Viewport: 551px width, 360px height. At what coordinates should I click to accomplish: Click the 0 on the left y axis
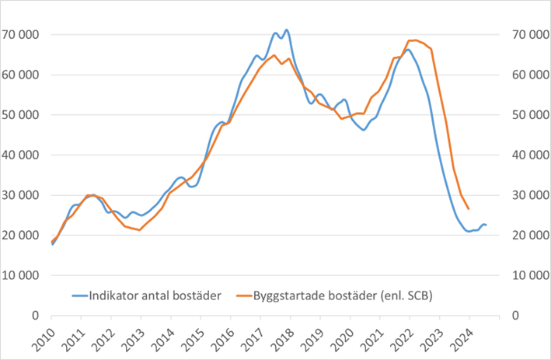point(37,316)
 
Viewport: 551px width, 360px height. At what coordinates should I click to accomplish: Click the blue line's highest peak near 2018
point(287,30)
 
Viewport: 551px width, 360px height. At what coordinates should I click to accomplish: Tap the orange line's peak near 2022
point(413,40)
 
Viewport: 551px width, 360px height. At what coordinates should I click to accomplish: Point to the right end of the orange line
point(469,208)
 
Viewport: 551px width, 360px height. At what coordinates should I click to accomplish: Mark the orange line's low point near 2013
point(140,230)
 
